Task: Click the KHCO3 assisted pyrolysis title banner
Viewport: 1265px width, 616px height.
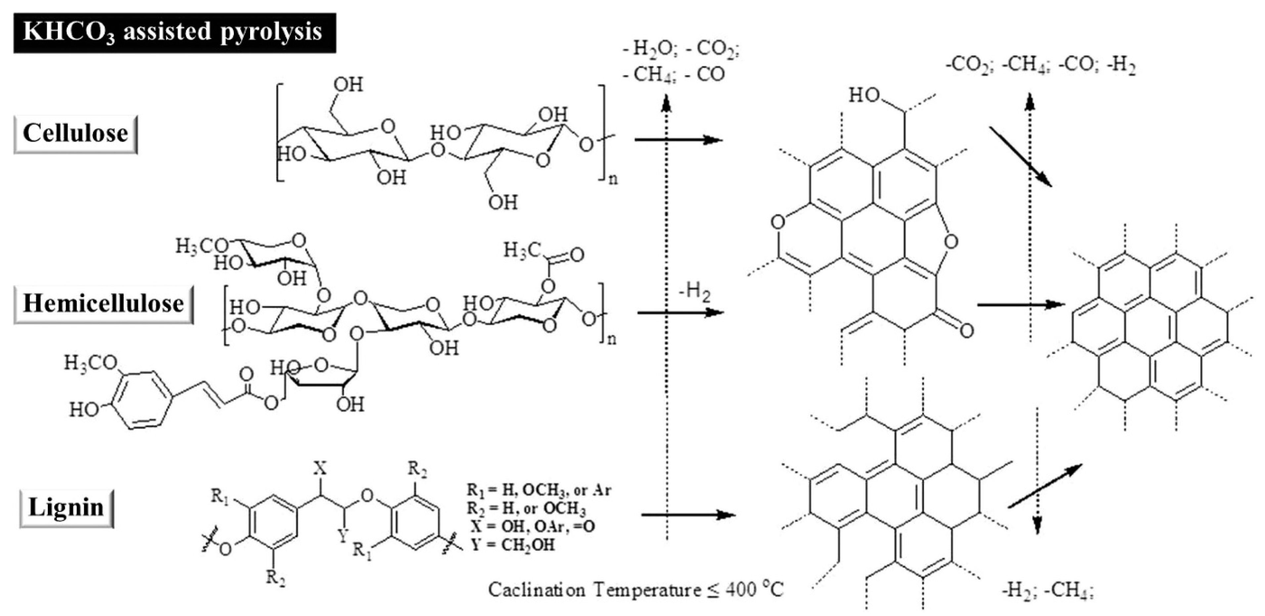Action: pyautogui.click(x=174, y=32)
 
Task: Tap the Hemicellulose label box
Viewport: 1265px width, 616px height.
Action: pyautogui.click(x=103, y=304)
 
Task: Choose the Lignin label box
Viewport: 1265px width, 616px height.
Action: pyautogui.click(x=66, y=507)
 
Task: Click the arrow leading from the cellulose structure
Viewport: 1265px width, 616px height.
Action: pyautogui.click(x=678, y=140)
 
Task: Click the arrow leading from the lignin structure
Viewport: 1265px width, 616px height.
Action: pyautogui.click(x=687, y=515)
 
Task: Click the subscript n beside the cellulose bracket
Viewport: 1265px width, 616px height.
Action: pyautogui.click(x=613, y=179)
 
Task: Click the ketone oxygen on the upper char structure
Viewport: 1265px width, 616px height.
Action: pyautogui.click(x=966, y=330)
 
